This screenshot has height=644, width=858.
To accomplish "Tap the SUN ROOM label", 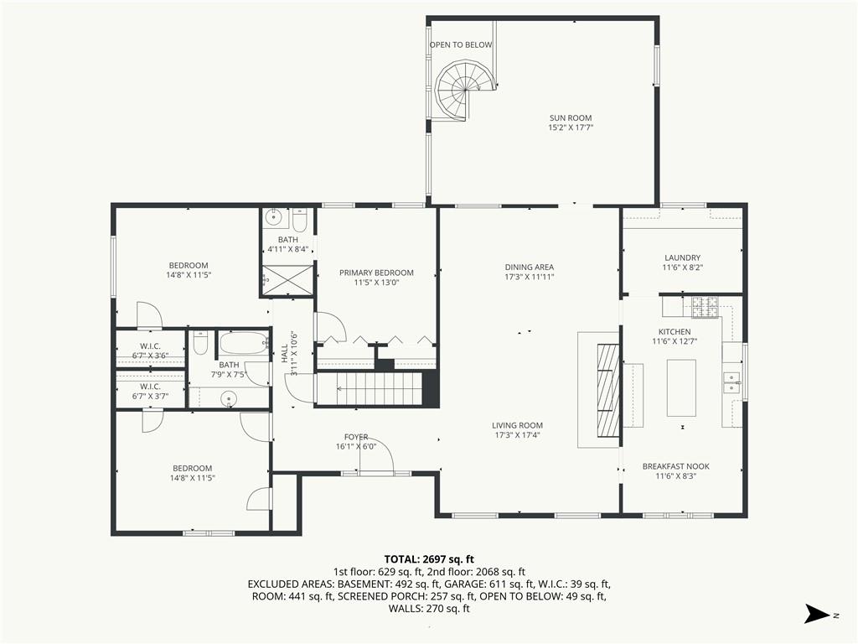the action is [x=571, y=117].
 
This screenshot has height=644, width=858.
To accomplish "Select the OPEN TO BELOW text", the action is [x=461, y=45].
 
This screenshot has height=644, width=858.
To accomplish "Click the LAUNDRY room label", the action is [x=682, y=258].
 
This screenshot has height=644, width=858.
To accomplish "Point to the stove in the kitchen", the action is [x=706, y=307].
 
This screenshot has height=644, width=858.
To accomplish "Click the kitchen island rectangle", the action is [x=681, y=388].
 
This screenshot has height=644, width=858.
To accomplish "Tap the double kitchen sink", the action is [x=731, y=382].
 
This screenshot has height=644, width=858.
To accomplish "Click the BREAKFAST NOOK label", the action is [x=676, y=466].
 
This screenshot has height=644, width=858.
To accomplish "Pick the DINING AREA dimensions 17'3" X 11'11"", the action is [x=530, y=277].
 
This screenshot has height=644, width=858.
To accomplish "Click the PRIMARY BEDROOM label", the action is [x=376, y=273].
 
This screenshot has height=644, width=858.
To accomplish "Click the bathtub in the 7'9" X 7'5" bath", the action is [x=244, y=344].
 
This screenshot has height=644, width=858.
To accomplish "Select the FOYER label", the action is [x=356, y=437].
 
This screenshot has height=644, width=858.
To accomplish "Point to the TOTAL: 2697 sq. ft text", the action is [x=429, y=559].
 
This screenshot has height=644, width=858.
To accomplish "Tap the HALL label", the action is [x=285, y=355].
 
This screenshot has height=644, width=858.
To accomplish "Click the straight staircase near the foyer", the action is [x=370, y=389].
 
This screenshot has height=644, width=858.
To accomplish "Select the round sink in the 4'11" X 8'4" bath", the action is [x=273, y=219].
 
